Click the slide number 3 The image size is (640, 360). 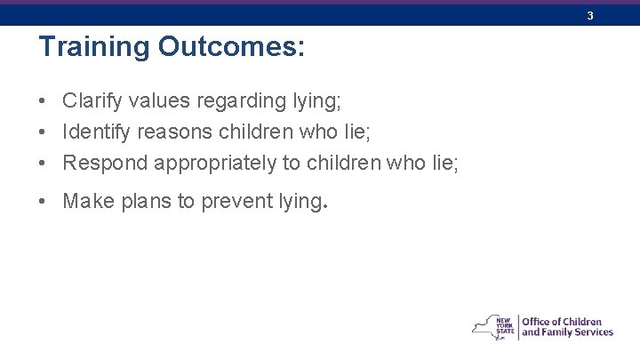tap(589, 15)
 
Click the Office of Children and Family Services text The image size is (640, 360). tap(566, 327)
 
